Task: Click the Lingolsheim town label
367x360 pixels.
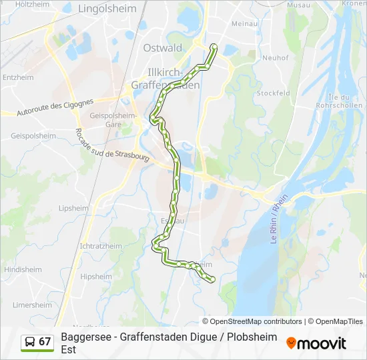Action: pos(107,9)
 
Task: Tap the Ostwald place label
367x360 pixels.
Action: pos(162,48)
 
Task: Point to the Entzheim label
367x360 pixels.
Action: pos(18,77)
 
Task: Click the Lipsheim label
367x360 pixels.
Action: pos(73,208)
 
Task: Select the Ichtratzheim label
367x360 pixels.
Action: pos(101,246)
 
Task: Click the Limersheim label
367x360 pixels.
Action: pos(32,305)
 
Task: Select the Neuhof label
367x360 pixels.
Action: pos(275,58)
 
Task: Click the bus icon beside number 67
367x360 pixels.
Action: pos(30,342)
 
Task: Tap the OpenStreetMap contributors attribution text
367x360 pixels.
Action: pos(256,321)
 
